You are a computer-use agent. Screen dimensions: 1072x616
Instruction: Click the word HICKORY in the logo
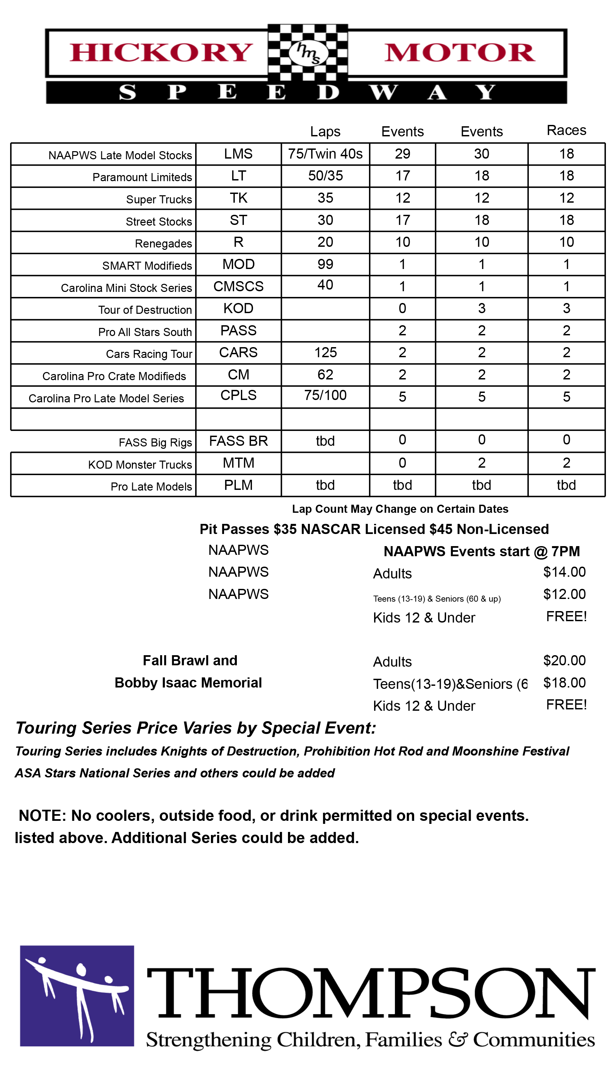coord(161,53)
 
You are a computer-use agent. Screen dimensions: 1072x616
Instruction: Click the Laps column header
coord(325,131)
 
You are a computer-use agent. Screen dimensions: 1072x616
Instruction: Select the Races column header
coord(566,130)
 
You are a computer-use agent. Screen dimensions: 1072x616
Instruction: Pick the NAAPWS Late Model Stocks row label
coord(120,156)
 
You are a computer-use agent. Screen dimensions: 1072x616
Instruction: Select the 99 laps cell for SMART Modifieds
coord(325,264)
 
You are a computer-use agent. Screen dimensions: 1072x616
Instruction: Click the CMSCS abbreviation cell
coord(238,286)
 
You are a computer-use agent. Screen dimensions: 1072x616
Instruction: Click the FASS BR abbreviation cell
coord(238,441)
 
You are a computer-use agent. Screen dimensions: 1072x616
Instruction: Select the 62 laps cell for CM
coord(325,374)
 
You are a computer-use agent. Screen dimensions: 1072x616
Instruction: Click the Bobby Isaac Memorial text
coord(188,682)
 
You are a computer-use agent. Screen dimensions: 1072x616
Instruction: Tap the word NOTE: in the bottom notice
coord(42,815)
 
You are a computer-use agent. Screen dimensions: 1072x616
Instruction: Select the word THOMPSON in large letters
coord(371,993)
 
